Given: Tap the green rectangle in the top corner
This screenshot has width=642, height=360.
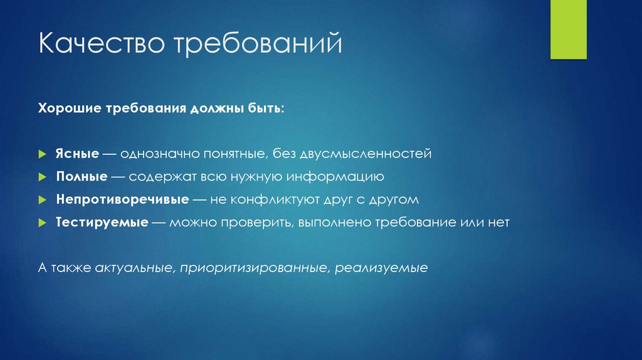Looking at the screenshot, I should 568,29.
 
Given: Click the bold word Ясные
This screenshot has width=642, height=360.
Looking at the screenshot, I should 77,153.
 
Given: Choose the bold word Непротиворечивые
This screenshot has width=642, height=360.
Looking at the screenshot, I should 122,199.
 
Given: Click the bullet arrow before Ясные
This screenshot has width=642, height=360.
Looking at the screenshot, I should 41,154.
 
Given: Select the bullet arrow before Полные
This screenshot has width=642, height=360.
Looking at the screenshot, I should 41,177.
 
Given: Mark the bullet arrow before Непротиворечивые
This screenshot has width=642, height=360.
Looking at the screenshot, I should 41,200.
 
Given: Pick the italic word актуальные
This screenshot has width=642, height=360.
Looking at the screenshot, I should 134,268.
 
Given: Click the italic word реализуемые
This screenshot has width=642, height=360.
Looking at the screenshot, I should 381,268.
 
